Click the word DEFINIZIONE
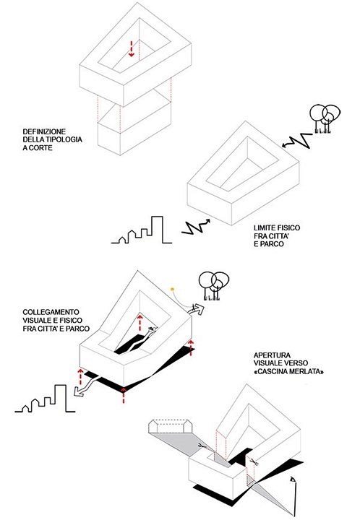point(44,131)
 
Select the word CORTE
point(40,148)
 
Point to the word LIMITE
point(265,227)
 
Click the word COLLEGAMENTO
point(51,312)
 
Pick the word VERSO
point(296,363)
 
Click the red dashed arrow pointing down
point(132,49)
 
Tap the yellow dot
point(172,289)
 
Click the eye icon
point(292,480)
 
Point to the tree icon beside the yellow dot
point(214,286)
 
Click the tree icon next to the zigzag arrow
point(325,119)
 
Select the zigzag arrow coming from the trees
point(297,141)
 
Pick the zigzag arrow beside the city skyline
point(196,227)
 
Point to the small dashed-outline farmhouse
point(170,427)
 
